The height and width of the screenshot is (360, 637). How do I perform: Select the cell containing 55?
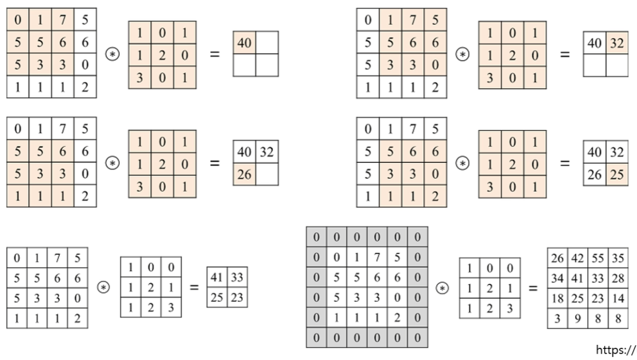click(598, 258)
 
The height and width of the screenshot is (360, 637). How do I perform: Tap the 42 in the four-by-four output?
click(577, 258)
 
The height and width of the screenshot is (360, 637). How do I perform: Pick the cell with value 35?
click(618, 258)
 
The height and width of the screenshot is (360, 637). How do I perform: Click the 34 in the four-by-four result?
click(558, 278)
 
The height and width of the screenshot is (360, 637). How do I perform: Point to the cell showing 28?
click(618, 278)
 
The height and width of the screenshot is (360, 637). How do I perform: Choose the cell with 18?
click(558, 298)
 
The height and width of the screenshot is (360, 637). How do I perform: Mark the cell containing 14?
click(618, 298)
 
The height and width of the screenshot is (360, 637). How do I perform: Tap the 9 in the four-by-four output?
click(577, 318)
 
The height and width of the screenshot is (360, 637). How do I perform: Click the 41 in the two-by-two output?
click(217, 277)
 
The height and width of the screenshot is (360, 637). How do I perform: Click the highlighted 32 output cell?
click(617, 43)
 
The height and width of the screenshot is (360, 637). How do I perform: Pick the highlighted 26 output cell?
click(244, 174)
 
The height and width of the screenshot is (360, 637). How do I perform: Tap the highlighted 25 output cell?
click(617, 174)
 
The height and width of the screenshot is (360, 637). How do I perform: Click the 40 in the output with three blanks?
click(244, 43)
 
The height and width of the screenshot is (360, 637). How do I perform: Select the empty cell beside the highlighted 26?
click(267, 174)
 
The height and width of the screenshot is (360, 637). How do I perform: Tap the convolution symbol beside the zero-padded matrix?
click(443, 288)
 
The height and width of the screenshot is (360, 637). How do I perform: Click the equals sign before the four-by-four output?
click(533, 288)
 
